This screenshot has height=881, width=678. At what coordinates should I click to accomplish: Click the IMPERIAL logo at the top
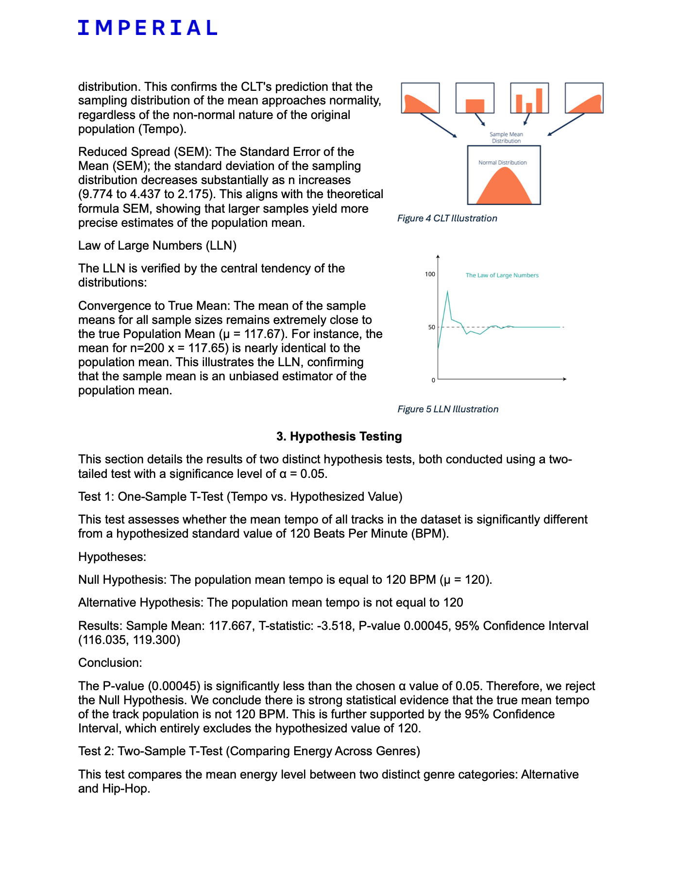pyautogui.click(x=147, y=28)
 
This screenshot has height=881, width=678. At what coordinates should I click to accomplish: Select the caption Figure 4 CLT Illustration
pyautogui.click(x=447, y=219)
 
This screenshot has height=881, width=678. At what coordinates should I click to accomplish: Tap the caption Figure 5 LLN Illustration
pyautogui.click(x=447, y=409)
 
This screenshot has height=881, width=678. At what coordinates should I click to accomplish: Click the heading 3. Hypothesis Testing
pyautogui.click(x=339, y=437)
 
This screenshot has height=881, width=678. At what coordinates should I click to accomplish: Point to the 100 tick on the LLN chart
pyautogui.click(x=430, y=274)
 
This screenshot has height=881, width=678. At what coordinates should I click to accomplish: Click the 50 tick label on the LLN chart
pyautogui.click(x=432, y=327)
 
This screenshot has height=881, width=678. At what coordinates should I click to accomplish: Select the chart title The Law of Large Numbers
pyautogui.click(x=502, y=275)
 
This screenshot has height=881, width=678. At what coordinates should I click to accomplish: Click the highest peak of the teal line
pyautogui.click(x=447, y=291)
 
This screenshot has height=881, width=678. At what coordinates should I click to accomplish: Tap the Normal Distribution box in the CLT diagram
pyautogui.click(x=504, y=175)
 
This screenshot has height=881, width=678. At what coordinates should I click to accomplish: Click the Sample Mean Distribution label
pyautogui.click(x=506, y=137)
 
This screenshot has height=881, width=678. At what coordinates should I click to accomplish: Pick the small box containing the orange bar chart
pyautogui.click(x=529, y=98)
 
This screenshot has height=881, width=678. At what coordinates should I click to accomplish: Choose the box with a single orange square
pyautogui.click(x=475, y=98)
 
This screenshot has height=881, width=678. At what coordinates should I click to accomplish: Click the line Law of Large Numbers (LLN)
pyautogui.click(x=157, y=246)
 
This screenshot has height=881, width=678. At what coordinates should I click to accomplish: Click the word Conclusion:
pyautogui.click(x=110, y=663)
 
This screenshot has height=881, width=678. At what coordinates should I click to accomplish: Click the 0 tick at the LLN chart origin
pyautogui.click(x=433, y=380)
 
